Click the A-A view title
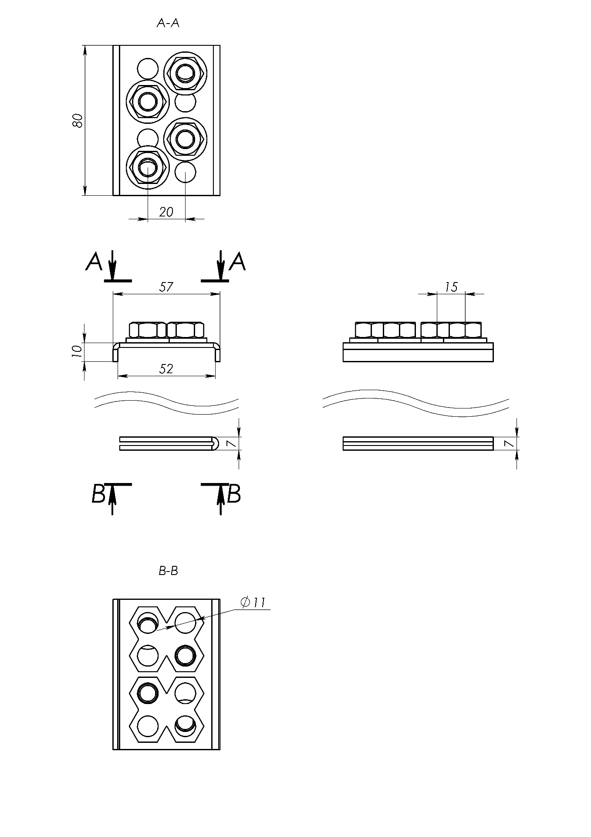point(168,24)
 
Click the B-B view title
point(168,571)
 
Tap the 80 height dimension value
point(77,120)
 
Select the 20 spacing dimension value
point(166,212)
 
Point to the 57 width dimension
point(166,287)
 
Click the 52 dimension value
point(166,369)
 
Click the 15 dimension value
point(451,287)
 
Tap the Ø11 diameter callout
point(253,602)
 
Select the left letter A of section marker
point(95,262)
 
